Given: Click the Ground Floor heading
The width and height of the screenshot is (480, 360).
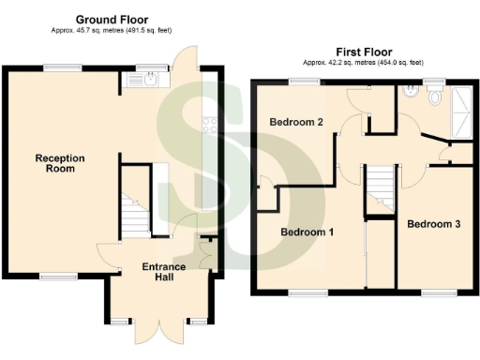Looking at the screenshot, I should coord(111,19).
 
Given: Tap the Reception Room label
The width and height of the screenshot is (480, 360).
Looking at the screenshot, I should coord(60,164).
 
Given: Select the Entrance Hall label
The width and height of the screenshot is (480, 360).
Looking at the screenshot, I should coord(162,273).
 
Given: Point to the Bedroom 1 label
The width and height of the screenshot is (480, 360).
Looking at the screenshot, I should coord(308,231).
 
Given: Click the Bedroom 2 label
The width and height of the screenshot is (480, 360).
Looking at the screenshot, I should coord(296,122).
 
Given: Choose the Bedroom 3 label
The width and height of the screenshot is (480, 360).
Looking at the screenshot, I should coord(433,224).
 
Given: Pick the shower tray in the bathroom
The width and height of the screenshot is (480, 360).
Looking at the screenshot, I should coord(463,111).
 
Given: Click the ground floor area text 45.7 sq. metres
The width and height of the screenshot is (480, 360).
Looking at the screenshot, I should coord(111,30).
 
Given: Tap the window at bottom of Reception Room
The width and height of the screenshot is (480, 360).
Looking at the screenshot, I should coord(58,276).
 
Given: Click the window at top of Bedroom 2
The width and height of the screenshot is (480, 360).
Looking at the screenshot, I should coord(303,82).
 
